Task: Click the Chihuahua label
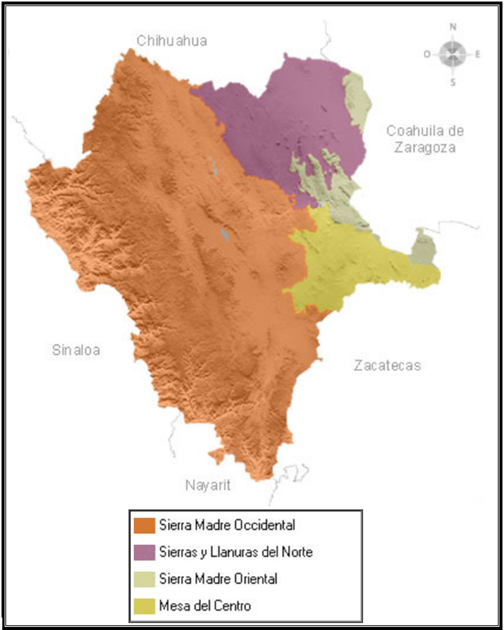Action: (172, 41)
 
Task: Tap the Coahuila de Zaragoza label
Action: (425, 139)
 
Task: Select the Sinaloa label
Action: (76, 350)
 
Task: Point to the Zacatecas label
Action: (388, 365)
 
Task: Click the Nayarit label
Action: (207, 485)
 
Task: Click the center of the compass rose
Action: (453, 53)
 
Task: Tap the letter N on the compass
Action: (453, 27)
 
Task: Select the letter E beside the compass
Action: (479, 54)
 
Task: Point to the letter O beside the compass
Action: (427, 54)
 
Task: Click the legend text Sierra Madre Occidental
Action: (227, 526)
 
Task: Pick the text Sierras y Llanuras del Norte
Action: (236, 552)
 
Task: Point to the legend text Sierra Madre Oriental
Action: (218, 579)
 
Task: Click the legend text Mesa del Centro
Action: (205, 606)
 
